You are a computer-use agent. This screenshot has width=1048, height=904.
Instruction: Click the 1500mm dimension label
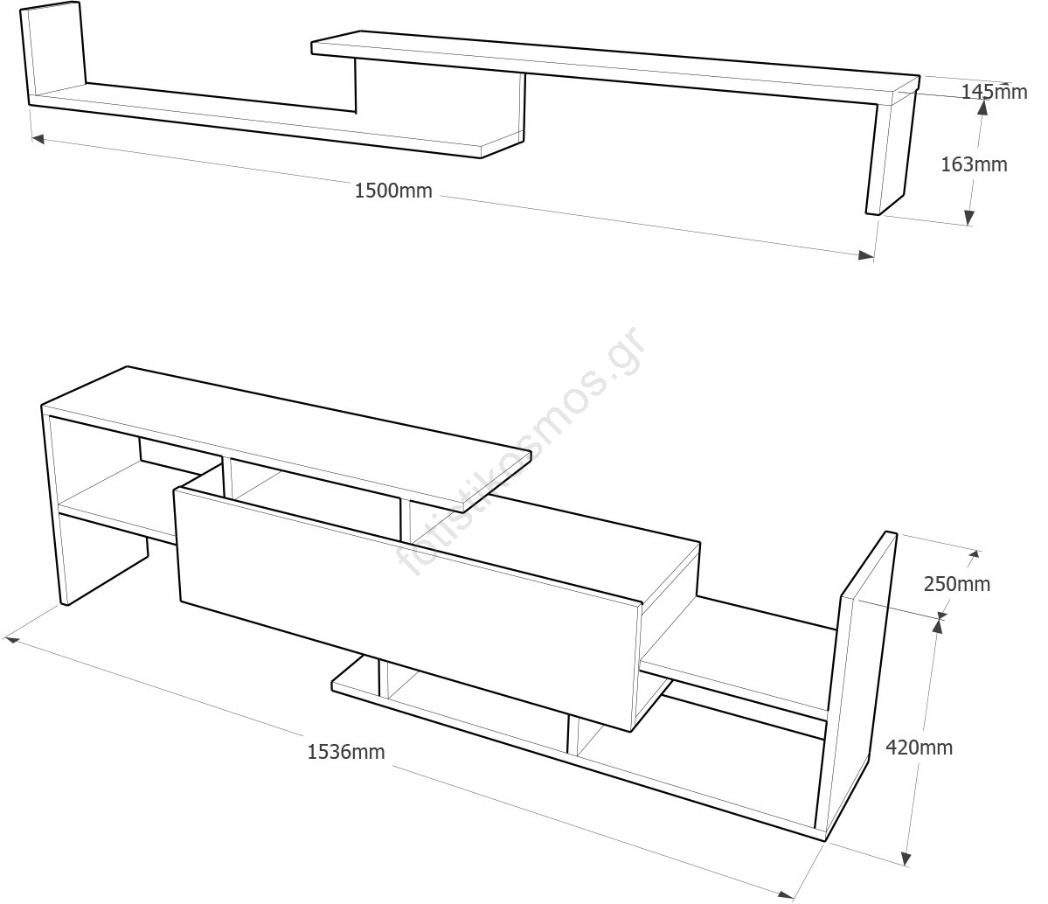(393, 191)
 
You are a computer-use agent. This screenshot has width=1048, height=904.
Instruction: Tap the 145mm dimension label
(994, 91)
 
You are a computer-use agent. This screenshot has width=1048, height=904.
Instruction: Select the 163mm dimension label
(974, 164)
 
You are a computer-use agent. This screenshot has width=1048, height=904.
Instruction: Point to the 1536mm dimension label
(345, 751)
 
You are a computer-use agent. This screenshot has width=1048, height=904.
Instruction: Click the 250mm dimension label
(957, 584)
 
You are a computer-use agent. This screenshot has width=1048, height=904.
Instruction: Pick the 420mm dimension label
(919, 748)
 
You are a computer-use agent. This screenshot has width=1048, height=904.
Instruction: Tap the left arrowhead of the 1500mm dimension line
(38, 137)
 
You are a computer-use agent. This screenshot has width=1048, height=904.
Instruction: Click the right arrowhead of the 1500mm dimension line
(865, 255)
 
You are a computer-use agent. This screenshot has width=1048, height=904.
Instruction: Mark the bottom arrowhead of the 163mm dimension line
(968, 218)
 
